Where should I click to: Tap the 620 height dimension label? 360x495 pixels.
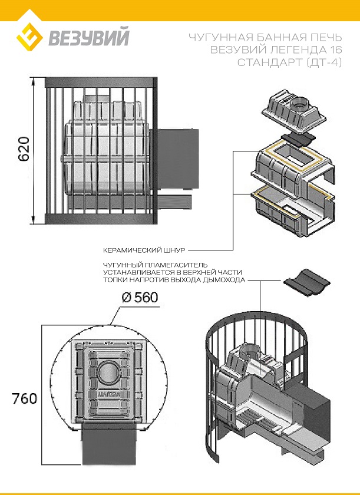pos(22,151)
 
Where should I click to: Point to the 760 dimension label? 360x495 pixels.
pos(24,398)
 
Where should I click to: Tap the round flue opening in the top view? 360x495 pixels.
pos(108,372)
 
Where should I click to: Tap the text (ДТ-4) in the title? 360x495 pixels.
pos(322,62)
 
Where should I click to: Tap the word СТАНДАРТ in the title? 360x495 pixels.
pos(266,62)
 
